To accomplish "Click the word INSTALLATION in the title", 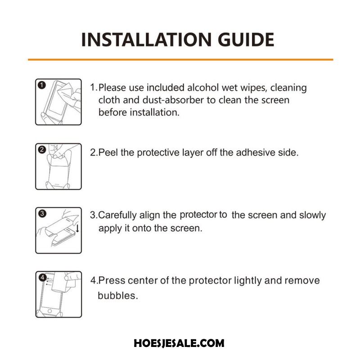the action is click(x=146, y=40).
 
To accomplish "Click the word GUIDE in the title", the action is click(x=246, y=40).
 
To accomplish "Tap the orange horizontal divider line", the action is click(x=180, y=60).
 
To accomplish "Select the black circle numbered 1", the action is click(x=42, y=85).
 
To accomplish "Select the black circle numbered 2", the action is click(x=42, y=150).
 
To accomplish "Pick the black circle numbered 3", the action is click(x=42, y=214).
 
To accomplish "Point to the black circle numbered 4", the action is click(x=42, y=278).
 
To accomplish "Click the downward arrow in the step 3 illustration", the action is click(x=77, y=228).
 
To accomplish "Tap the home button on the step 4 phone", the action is click(x=49, y=311).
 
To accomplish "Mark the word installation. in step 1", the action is click(x=154, y=112).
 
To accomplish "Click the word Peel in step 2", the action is click(x=108, y=153).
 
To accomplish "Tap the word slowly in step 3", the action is click(x=312, y=216).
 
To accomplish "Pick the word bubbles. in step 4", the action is click(x=118, y=296).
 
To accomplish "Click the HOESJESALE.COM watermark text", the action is click(x=179, y=343).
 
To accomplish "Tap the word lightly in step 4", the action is click(x=248, y=281).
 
